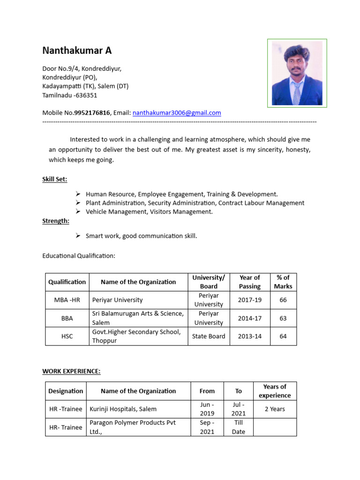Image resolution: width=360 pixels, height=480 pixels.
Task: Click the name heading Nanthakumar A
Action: tap(77, 51)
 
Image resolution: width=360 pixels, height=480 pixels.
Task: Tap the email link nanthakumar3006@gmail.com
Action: tap(177, 113)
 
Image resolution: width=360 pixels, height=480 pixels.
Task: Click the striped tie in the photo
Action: tap(296, 93)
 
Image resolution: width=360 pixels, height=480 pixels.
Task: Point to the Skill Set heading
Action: tap(54, 179)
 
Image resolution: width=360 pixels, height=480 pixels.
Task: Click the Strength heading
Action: tap(56, 221)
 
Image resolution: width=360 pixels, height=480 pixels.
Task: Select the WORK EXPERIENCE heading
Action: tap(71, 371)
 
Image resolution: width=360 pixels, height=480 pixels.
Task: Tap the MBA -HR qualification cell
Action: tap(67, 300)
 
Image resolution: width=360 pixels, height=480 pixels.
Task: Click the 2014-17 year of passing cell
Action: tap(249, 318)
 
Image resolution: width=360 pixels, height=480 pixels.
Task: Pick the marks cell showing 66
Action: tap(283, 300)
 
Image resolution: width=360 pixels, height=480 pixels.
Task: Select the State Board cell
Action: tap(209, 337)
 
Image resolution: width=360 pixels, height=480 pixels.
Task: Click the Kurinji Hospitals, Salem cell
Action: tap(123, 409)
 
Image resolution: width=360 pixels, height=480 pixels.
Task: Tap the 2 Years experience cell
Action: tap(275, 409)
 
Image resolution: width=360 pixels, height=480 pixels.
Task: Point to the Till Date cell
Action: tap(238, 427)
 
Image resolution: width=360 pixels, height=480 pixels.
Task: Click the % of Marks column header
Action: tap(283, 282)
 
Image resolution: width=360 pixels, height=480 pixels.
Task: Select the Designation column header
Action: tap(66, 391)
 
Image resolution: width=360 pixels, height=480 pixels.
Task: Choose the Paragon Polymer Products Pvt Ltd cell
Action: tap(133, 427)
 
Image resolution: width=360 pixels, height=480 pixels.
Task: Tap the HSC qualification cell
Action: tap(67, 337)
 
